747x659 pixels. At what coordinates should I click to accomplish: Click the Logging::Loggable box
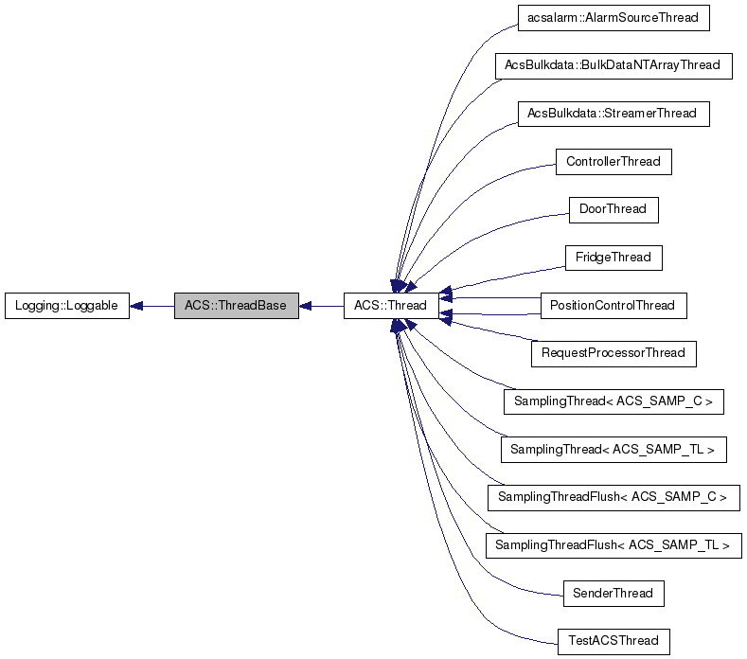tap(66, 306)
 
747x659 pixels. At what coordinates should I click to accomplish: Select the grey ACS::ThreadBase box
tap(236, 306)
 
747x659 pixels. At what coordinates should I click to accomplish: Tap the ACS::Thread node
tap(390, 306)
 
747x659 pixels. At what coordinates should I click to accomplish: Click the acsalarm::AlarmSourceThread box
tap(613, 17)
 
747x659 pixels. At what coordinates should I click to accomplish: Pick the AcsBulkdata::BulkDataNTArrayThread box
tap(613, 65)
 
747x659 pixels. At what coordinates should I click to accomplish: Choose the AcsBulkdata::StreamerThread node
tap(613, 114)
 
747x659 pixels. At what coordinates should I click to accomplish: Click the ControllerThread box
tap(613, 162)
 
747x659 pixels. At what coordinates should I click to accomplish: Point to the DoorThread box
tap(613, 209)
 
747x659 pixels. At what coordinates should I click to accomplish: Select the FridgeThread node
tap(613, 258)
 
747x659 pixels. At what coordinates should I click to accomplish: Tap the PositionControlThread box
tap(613, 306)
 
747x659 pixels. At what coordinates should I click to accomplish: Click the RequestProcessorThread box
tap(613, 353)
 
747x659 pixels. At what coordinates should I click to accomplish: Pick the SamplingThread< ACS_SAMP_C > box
tap(613, 401)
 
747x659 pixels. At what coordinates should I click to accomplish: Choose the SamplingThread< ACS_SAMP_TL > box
tap(613, 450)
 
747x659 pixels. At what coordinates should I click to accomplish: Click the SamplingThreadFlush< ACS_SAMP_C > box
tap(613, 497)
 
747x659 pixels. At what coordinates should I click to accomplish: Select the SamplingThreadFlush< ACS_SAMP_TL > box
tap(613, 545)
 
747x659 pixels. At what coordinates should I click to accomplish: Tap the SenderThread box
tap(613, 594)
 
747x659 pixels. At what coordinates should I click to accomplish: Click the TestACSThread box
tap(613, 641)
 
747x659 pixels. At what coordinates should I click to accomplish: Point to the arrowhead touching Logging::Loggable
tap(136, 306)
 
